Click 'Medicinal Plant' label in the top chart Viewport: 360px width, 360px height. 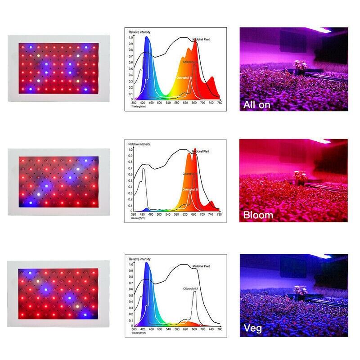tap(201, 40)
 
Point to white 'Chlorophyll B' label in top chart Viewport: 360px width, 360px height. tap(184, 77)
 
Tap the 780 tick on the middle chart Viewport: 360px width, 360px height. tap(219, 215)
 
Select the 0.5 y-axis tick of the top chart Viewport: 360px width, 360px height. tap(131, 68)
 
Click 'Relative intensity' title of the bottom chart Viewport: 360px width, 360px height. tap(139, 260)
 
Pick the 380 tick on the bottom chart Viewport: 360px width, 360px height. tap(134, 329)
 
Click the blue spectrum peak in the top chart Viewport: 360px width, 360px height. tap(147, 40)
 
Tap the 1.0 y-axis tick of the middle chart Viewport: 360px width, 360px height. tap(131, 150)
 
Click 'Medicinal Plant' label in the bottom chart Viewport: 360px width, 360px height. tap(201, 267)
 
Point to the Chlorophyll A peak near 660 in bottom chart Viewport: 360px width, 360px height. tap(194, 292)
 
